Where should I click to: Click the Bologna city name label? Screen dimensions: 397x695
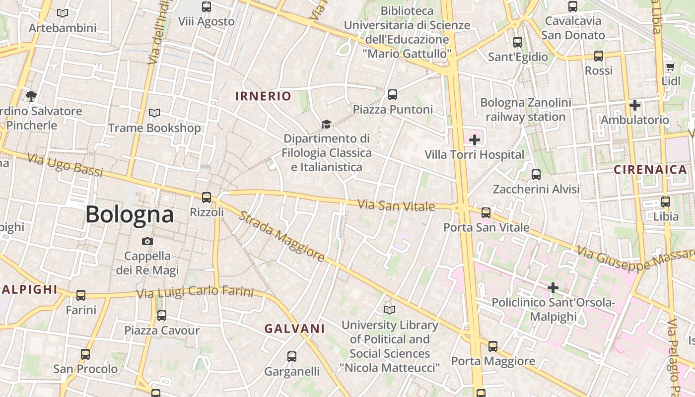coord(130,214)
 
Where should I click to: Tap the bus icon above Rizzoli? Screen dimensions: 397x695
coord(207,197)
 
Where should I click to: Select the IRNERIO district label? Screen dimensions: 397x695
coord(263,96)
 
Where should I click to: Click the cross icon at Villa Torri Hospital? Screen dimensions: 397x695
coord(475,140)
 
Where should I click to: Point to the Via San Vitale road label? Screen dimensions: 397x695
coord(396,205)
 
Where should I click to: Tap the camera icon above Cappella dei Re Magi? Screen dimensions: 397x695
coord(147,241)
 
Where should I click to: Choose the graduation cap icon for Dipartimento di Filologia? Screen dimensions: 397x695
coord(326,124)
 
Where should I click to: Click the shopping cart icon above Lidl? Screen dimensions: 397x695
coord(670,66)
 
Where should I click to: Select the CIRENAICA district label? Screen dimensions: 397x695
coord(650,170)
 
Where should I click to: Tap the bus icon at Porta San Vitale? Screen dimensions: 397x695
coord(486,212)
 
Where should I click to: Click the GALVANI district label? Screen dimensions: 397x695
coord(294,329)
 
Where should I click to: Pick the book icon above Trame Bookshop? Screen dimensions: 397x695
coord(154,113)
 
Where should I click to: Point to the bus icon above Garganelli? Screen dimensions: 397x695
coord(292,356)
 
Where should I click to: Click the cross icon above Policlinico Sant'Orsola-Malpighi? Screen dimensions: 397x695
coord(553,288)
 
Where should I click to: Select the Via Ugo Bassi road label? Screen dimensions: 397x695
coord(65,165)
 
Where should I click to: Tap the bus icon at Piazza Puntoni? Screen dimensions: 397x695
coord(393,94)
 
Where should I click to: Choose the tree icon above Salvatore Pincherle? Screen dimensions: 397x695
coord(31,96)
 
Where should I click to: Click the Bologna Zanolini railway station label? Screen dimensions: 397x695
coord(526,110)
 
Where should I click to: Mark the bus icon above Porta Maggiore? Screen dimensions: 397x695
coord(492,346)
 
